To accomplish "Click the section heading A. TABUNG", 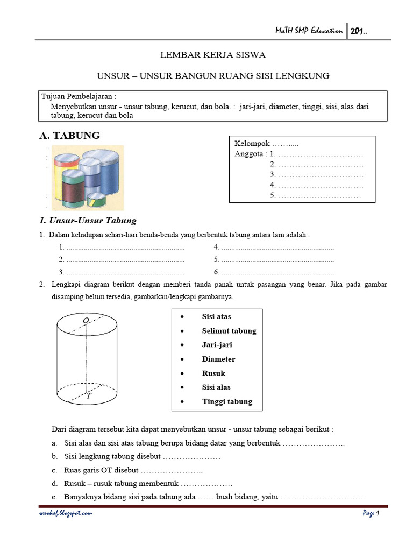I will click(x=69, y=136).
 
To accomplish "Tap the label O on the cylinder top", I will click(x=86, y=321).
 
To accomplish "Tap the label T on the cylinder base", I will click(x=88, y=395).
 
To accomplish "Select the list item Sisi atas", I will click(x=216, y=317).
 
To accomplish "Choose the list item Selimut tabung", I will click(x=229, y=331).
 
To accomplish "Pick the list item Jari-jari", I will click(x=217, y=345).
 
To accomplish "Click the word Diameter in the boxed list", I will click(x=218, y=359).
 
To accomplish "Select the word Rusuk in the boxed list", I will click(x=213, y=373).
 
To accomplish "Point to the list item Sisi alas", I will click(x=216, y=387).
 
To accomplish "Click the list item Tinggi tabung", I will click(x=227, y=401).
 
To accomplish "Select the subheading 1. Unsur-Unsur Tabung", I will click(x=88, y=220).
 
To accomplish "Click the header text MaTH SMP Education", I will click(x=306, y=31).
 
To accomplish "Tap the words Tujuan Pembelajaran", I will click(x=79, y=96).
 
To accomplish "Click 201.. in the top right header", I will click(x=360, y=31).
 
